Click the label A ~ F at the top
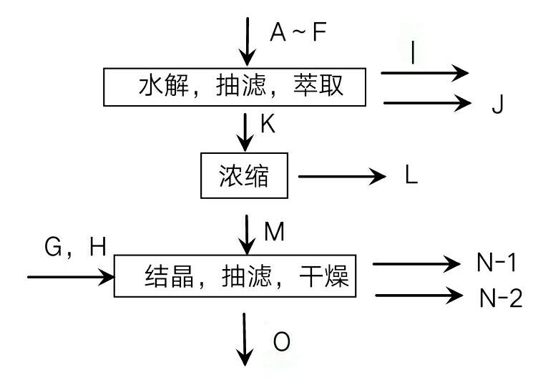[x=298, y=32]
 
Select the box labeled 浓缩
[x=244, y=175]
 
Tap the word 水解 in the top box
[x=161, y=87]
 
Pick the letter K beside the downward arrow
[x=268, y=124]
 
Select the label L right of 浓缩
[x=411, y=176]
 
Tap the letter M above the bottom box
[x=275, y=231]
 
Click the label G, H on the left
[x=75, y=248]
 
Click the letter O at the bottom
[x=282, y=342]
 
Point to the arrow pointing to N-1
[x=416, y=265]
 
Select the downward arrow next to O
[x=246, y=340]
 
